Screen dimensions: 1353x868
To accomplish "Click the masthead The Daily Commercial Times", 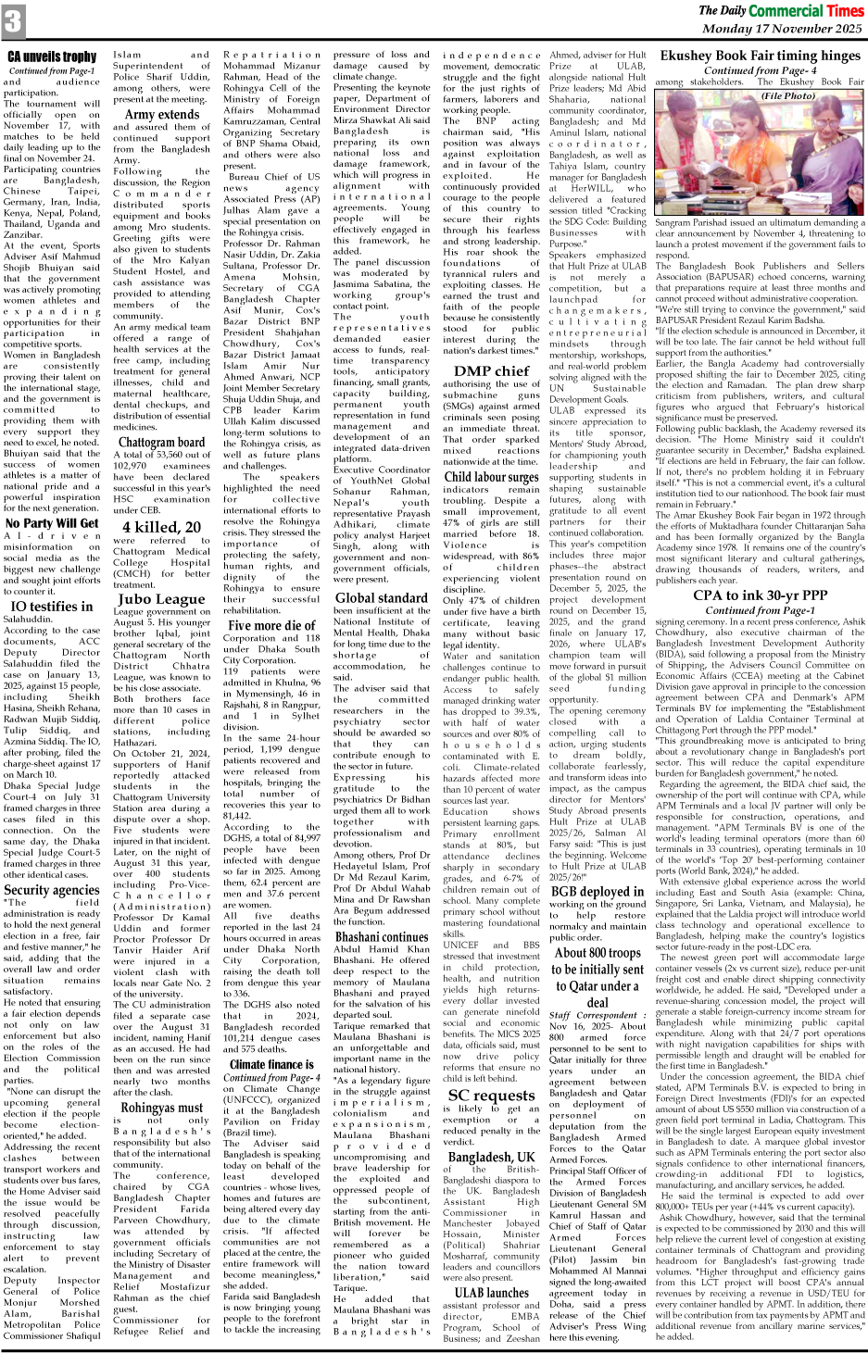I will [x=780, y=10].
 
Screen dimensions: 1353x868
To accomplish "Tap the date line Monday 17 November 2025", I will [x=782, y=30].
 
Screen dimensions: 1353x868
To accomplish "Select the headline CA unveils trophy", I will [x=52, y=57].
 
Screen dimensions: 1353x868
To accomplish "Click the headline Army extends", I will [x=162, y=115].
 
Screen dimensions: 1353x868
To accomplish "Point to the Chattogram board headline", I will [x=162, y=443].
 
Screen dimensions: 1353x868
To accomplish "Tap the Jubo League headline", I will [x=162, y=599].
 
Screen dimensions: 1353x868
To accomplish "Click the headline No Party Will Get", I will [x=52, y=523].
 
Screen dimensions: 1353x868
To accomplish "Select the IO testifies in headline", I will [x=52, y=607].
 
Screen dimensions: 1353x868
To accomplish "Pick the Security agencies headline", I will [x=52, y=891].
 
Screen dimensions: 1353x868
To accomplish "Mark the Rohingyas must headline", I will [x=162, y=1108].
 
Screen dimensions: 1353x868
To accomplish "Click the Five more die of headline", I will [x=271, y=625].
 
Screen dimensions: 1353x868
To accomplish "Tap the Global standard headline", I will [x=382, y=598].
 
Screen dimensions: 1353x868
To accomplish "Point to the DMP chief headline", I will [x=492, y=371].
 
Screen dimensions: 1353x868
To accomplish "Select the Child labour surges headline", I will [x=492, y=478].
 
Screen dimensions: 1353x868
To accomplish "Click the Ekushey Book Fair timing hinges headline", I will [x=760, y=56].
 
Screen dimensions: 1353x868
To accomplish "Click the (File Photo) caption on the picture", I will [x=787, y=95].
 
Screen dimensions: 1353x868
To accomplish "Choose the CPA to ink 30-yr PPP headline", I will [x=760, y=595].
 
